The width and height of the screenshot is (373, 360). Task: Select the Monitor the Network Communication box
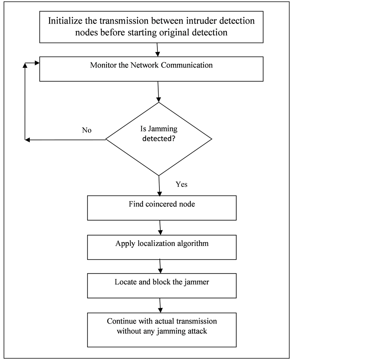tap(151, 69)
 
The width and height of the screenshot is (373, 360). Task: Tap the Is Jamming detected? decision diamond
tap(159, 139)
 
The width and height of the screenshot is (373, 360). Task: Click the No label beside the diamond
tap(86, 130)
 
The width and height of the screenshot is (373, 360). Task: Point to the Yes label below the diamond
tap(181, 184)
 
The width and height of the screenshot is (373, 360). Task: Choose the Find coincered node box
tap(162, 208)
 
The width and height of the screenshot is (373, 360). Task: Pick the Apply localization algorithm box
tap(162, 247)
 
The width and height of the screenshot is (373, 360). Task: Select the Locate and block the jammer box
tap(162, 286)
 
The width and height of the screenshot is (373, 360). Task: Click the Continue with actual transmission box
tap(162, 329)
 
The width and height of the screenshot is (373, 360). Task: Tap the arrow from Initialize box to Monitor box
tap(157, 50)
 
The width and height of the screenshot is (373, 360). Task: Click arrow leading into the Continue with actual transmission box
tap(160, 305)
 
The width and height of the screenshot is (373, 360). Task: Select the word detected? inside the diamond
tap(159, 139)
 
